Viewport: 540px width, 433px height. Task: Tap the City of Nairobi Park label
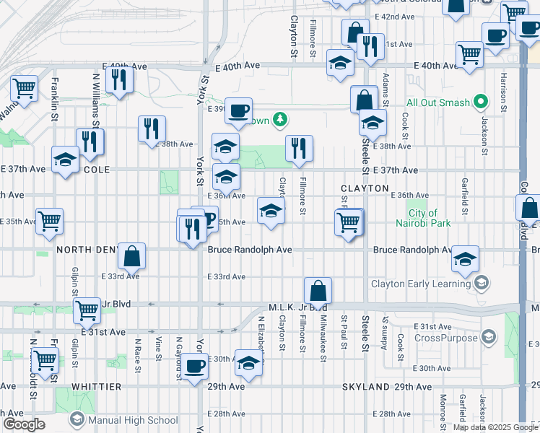(x=429, y=218)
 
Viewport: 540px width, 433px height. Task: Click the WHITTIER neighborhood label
(x=96, y=388)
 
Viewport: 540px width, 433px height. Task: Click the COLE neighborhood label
(x=96, y=170)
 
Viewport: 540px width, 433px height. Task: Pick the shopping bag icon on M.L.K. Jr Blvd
(x=318, y=292)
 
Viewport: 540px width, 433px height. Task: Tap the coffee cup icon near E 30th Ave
(x=194, y=366)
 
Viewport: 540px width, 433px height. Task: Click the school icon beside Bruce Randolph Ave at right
(x=466, y=258)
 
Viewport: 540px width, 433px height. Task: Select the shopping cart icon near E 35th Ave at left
(x=49, y=221)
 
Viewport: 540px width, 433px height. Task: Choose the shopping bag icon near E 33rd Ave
(x=132, y=255)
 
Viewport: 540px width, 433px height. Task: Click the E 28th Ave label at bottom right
(x=395, y=414)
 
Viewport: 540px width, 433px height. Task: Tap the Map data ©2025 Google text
(x=495, y=427)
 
